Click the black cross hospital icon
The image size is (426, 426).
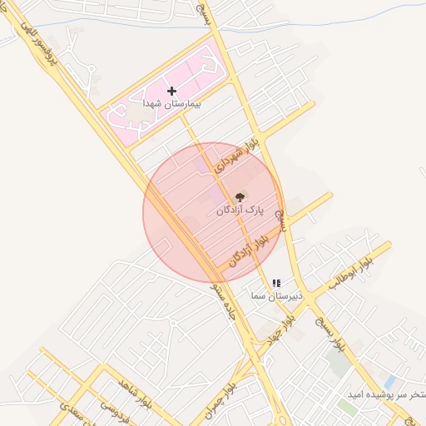[x=171, y=90]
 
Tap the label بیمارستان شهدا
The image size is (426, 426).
[x=162, y=104]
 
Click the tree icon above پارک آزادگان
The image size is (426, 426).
[x=240, y=197]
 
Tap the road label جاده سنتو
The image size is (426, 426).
[x=225, y=305]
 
